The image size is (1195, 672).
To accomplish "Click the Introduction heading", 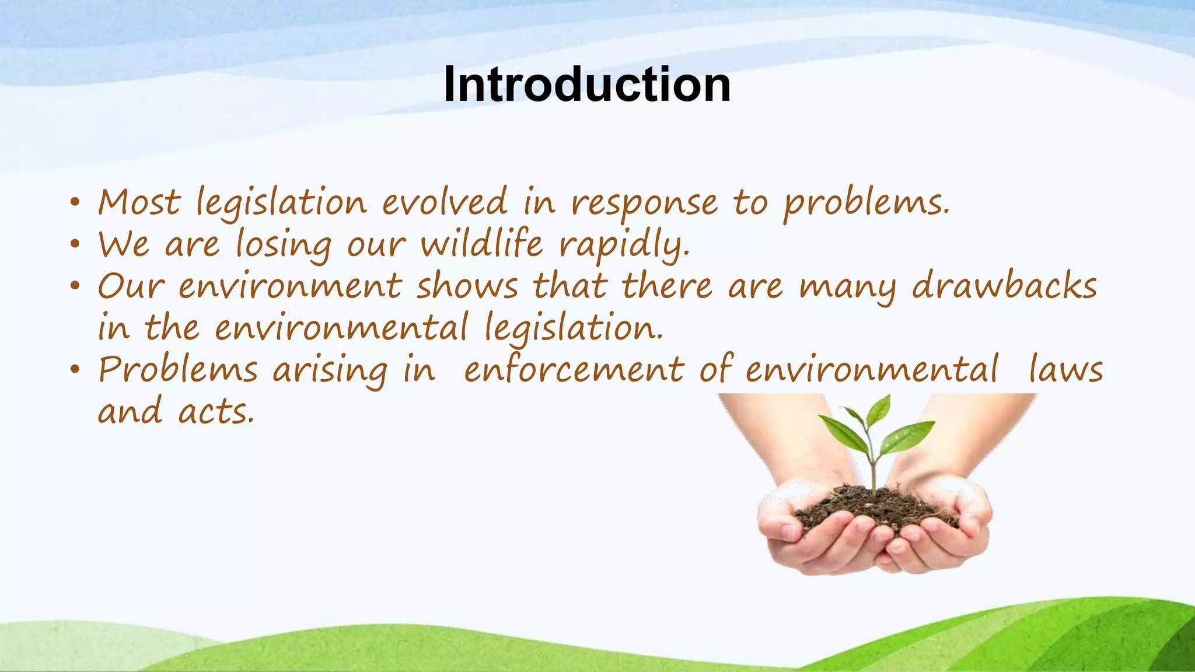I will pos(586,85).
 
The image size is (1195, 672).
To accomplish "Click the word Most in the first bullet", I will pos(139,203).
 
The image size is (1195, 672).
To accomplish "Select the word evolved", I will pos(445,203).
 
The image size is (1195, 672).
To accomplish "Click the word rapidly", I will pos(624,246).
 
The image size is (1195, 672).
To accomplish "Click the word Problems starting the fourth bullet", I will pos(178,370).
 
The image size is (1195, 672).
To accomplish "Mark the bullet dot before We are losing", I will pos(74,245).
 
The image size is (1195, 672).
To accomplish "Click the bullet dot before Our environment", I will pos(74,287).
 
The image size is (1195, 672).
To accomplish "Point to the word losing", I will pos(284,246).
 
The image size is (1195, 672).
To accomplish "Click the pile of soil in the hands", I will pos(875,508).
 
